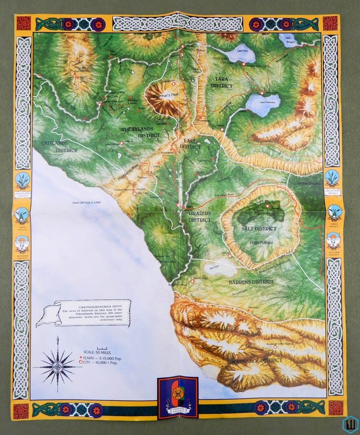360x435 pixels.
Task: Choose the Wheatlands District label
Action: point(140,132)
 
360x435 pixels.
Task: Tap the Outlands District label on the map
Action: point(60,147)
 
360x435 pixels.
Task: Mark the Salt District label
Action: point(259,229)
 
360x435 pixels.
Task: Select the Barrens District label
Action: point(251,282)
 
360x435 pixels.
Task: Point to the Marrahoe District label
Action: point(257,361)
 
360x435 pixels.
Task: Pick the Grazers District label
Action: point(200,217)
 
